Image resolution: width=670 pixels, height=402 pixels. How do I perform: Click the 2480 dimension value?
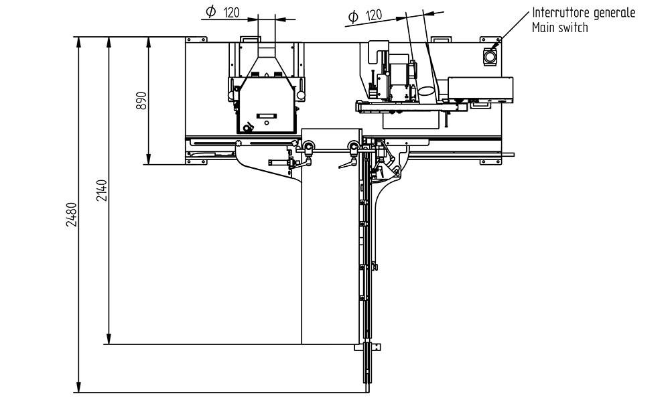(x=72, y=214)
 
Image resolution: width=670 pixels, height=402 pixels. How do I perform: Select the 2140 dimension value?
(x=102, y=190)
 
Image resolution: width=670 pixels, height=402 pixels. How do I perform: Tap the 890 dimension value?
(x=141, y=100)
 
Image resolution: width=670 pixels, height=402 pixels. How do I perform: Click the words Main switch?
(x=559, y=27)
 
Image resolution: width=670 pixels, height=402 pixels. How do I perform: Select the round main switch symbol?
(x=490, y=56)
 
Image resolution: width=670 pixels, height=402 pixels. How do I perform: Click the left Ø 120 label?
(x=222, y=12)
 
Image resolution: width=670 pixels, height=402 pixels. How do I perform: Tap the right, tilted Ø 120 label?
(x=365, y=16)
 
